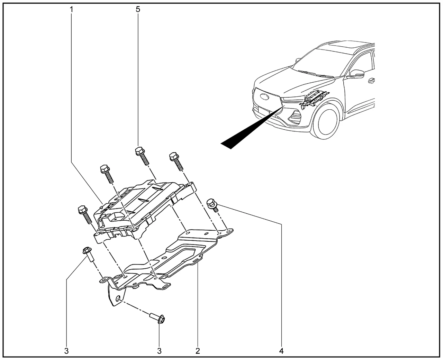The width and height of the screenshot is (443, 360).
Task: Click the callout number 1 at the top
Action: pyautogui.click(x=71, y=9)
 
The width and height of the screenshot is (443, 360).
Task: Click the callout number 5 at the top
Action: pyautogui.click(x=138, y=9)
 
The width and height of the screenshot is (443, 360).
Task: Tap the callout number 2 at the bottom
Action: pyautogui.click(x=198, y=351)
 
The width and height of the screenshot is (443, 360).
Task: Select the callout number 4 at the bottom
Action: pyautogui.click(x=281, y=351)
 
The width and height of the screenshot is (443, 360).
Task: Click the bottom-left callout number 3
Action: pyautogui.click(x=66, y=351)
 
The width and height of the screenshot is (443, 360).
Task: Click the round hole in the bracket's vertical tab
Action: pyautogui.click(x=118, y=298)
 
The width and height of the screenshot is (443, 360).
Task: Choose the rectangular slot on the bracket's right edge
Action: pyautogui.click(x=195, y=260)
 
